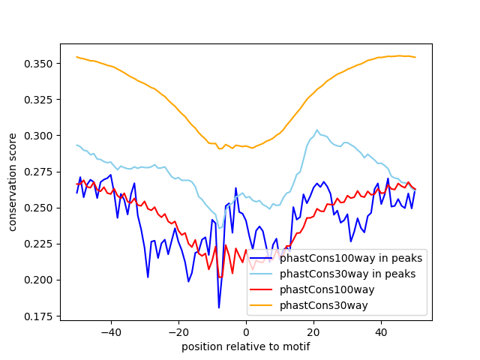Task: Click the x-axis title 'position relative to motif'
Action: click(246, 346)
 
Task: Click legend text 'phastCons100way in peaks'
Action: click(351, 259)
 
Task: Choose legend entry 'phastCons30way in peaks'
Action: click(347, 274)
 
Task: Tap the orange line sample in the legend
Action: click(262, 304)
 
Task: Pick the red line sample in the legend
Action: click(262, 289)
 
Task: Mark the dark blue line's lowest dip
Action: click(219, 307)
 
